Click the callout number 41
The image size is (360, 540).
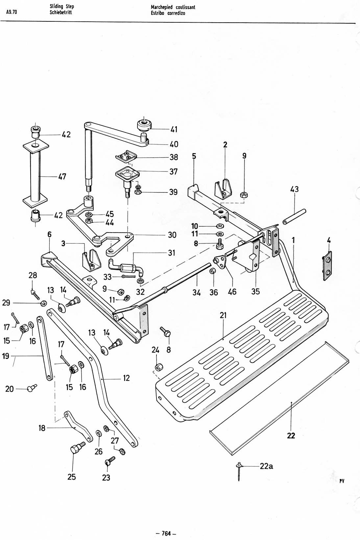point(174,129)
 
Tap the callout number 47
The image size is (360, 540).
point(62,177)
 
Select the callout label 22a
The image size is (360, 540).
point(266,466)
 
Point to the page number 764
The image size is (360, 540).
point(166,533)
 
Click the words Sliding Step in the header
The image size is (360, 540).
point(62,7)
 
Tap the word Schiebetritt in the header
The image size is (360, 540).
point(61,12)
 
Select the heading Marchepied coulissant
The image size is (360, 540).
point(173,7)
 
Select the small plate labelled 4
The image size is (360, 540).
point(327,265)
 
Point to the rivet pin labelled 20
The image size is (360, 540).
point(32,388)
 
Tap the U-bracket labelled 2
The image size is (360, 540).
point(224,189)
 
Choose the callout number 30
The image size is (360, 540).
point(172,235)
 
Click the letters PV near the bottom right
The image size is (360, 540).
point(342,481)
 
